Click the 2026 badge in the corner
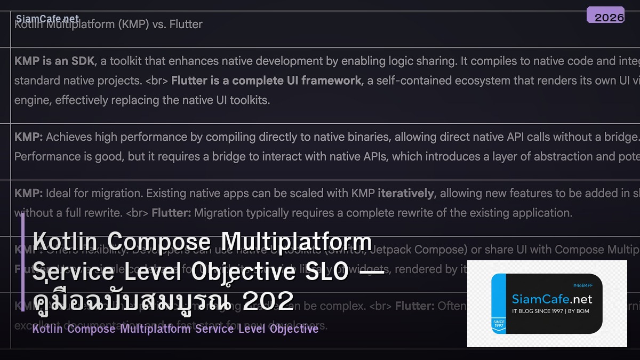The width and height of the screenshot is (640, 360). coord(605,16)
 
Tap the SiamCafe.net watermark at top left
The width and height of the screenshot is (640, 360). coord(47,19)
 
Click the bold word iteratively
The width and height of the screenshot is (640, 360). coord(406,193)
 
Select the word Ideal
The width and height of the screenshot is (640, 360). coord(58,193)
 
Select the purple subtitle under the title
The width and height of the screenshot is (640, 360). coord(175,329)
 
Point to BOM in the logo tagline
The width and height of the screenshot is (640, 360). coord(582,311)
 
